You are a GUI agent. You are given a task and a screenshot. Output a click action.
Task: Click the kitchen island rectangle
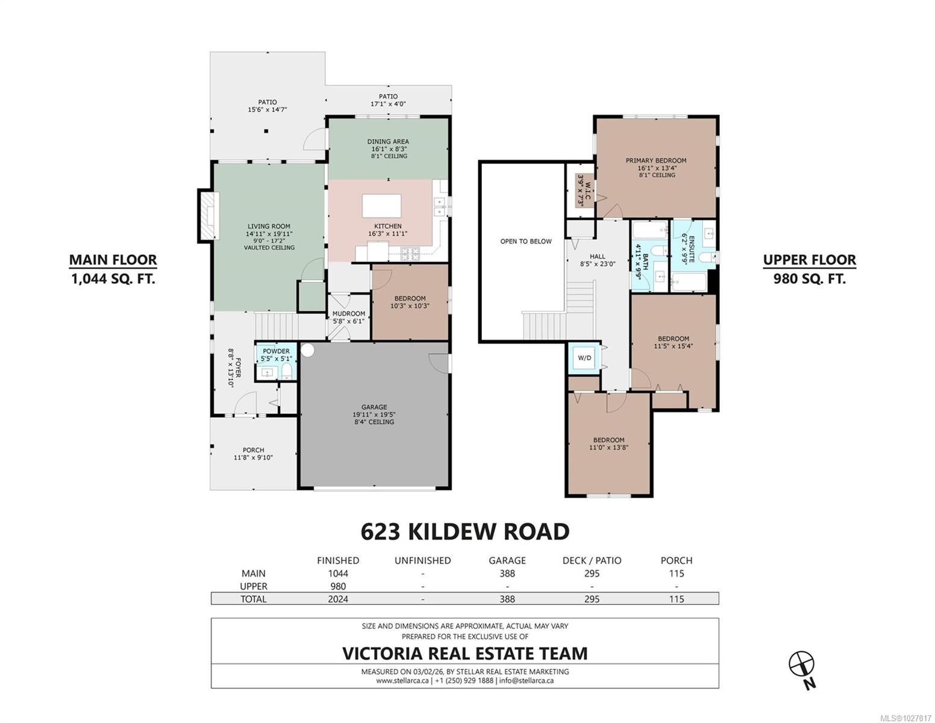[x=381, y=205]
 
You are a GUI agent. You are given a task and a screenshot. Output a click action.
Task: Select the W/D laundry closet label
[x=584, y=357]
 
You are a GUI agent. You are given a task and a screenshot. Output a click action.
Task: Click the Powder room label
[x=277, y=351]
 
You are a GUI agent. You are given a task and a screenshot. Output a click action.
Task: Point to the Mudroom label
[x=349, y=313]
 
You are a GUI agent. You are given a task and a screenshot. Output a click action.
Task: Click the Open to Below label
[x=526, y=241]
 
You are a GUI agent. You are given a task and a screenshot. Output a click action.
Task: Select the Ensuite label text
[x=692, y=249]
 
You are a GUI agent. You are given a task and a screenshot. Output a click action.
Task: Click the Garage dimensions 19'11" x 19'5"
[x=374, y=415]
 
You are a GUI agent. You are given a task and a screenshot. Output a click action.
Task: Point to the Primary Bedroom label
[x=656, y=160]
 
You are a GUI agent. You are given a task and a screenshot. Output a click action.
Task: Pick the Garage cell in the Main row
[x=507, y=574]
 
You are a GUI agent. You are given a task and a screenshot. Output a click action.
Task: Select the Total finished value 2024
[x=338, y=599]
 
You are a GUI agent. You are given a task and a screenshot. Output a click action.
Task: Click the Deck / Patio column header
[x=592, y=560]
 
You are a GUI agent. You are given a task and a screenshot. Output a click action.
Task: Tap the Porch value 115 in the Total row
[x=677, y=599]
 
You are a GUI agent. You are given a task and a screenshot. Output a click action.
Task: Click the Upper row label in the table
[x=254, y=586]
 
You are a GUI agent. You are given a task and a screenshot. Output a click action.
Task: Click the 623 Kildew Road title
[x=464, y=531]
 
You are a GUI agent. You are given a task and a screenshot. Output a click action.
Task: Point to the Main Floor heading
[x=113, y=260]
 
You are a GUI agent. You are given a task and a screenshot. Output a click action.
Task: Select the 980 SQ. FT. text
[x=809, y=279]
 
